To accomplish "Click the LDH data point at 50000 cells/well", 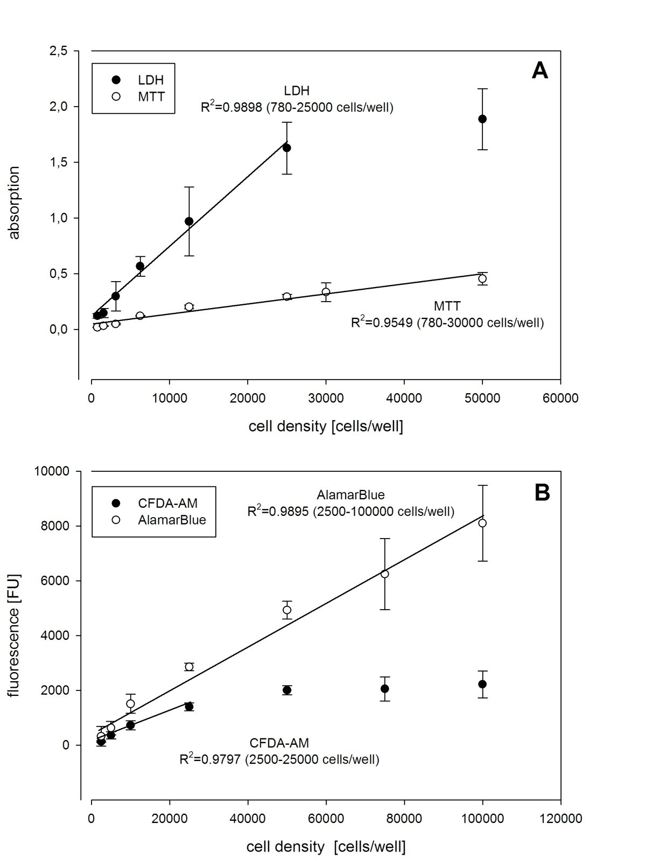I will pos(482,119).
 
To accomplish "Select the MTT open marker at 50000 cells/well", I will pos(482,278).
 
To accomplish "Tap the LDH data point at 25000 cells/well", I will pos(287,148).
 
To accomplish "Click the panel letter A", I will pos(539,71).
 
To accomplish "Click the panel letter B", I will pos(542,493).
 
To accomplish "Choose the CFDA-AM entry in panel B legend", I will pos(156,504).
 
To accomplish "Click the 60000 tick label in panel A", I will pos(560,398).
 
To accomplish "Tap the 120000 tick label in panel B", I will pos(560,819).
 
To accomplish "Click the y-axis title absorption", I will pos(15,202).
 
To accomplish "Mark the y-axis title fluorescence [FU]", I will pos(15,635).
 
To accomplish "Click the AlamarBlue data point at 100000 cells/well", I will pos(482,523).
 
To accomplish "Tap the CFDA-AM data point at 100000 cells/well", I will pos(482,684).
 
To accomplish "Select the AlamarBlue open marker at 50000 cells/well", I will pos(287,610).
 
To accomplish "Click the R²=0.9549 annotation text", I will pos(447,323).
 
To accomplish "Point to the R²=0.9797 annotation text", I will pos(279,760).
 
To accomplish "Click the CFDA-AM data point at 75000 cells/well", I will pos(385,688).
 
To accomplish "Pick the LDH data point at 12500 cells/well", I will pos(189,221).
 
